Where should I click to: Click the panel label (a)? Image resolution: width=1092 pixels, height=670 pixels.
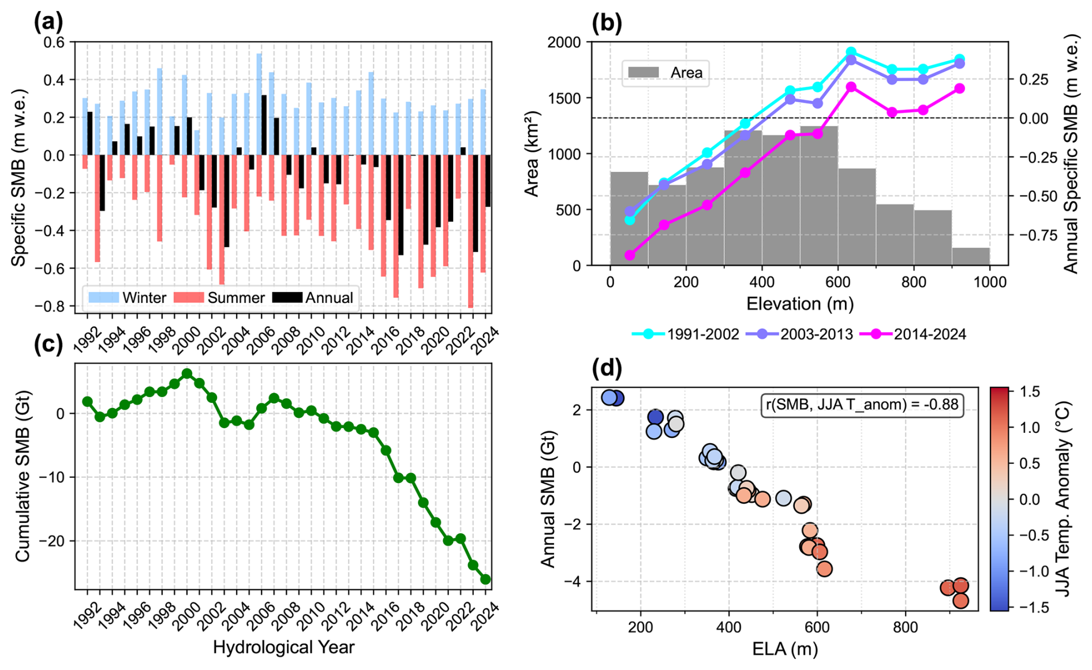[48, 22]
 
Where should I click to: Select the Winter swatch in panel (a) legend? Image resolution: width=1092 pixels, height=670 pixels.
[104, 298]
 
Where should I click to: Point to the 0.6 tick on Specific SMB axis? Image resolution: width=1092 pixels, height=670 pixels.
[56, 42]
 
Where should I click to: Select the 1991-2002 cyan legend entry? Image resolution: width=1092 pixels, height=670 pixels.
[685, 334]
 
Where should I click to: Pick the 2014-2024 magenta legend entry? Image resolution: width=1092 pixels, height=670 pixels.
[912, 334]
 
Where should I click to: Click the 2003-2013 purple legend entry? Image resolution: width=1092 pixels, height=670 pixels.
[799, 334]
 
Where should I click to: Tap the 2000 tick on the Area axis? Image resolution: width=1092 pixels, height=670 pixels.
[566, 42]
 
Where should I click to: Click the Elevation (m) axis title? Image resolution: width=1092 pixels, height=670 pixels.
[799, 304]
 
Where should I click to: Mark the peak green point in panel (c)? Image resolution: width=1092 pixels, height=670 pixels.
[187, 374]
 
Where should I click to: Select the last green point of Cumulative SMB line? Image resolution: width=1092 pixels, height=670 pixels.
[485, 579]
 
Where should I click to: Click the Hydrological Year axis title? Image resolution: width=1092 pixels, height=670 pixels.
[283, 647]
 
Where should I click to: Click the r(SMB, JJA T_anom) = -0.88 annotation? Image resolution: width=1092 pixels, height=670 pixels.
[862, 405]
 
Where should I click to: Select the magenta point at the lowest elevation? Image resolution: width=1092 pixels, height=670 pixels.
[630, 255]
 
